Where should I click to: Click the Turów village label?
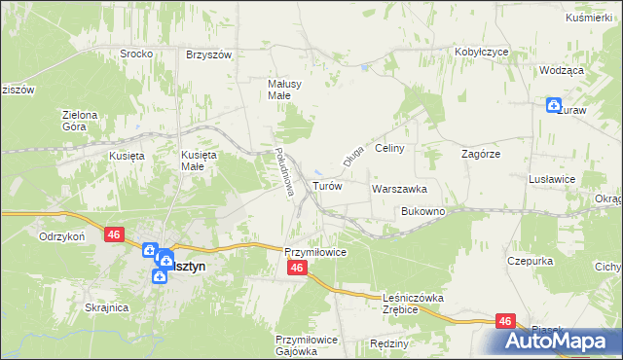326,186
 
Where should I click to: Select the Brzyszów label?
208,54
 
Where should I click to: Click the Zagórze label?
480,154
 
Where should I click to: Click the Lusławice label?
553,180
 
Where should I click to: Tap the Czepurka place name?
530,261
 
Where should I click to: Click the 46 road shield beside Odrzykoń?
115,234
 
